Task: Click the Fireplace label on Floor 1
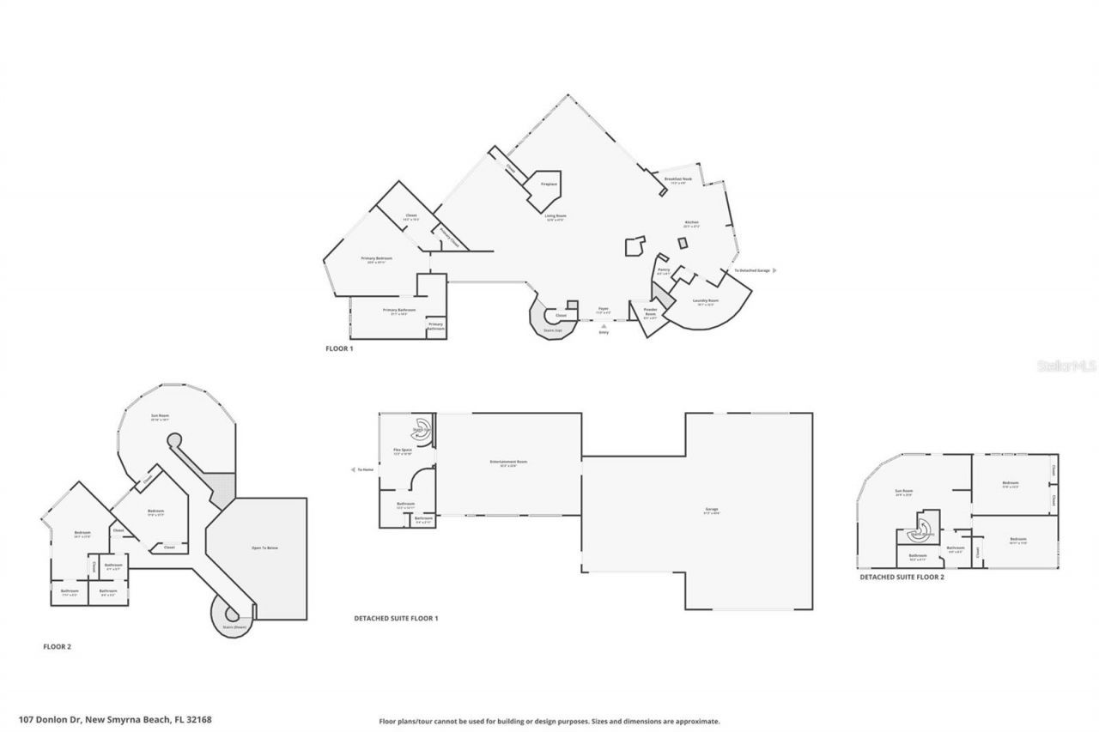click(549, 185)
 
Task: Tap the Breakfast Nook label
click(678, 179)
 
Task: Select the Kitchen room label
click(691, 223)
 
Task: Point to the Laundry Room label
click(707, 301)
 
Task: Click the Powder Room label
click(650, 312)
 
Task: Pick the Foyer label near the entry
click(604, 309)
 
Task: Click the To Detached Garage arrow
click(774, 270)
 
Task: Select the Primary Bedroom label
click(373, 258)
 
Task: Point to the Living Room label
click(556, 216)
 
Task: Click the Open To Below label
click(265, 547)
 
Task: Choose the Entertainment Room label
click(508, 463)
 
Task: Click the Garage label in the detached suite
click(712, 510)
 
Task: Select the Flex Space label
click(403, 451)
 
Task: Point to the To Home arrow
click(354, 469)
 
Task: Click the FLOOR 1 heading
click(339, 348)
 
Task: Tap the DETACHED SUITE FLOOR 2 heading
click(902, 578)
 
